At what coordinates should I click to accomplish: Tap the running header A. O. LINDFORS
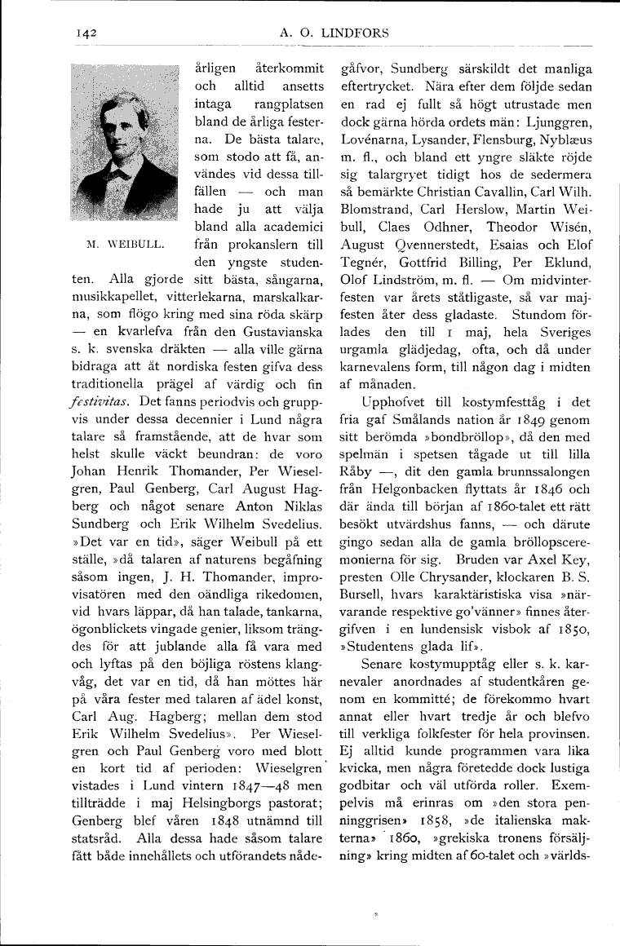[334, 33]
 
